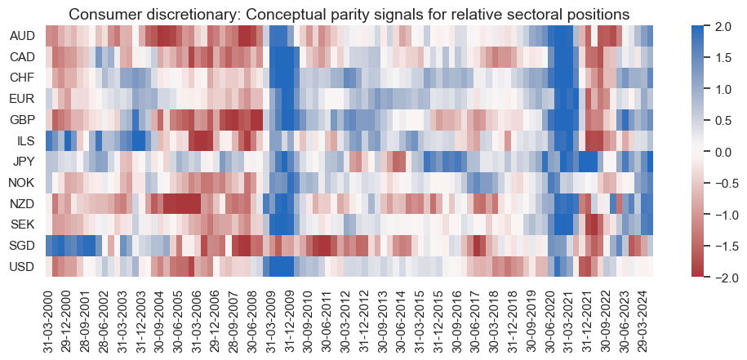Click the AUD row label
coord(21,37)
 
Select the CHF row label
coord(21,78)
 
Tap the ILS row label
coord(24,140)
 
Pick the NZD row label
coord(21,203)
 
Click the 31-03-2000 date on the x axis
coord(49,318)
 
